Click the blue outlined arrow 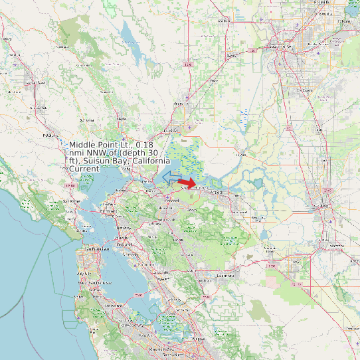171,176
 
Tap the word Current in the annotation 84,169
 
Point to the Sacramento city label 280,46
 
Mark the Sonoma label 86,120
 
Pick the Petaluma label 48,134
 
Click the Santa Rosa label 36,82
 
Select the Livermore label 226,275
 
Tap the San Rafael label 71,201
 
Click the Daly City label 84,273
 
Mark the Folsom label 343,21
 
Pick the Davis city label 231,56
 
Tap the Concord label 172,199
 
